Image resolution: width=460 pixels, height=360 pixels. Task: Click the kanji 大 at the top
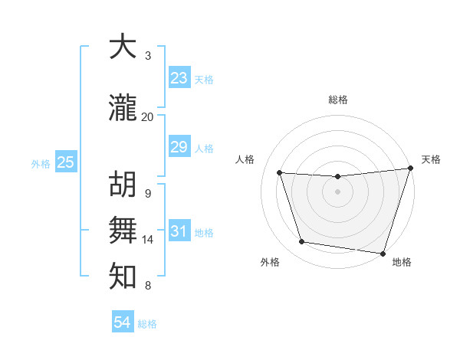pyautogui.click(x=123, y=47)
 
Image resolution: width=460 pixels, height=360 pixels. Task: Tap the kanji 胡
pyautogui.click(x=123, y=185)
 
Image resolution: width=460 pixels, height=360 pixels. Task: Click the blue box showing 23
pyautogui.click(x=179, y=78)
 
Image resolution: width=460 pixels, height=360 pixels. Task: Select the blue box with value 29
pyautogui.click(x=179, y=147)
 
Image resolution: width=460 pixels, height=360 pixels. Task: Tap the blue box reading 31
pyautogui.click(x=179, y=231)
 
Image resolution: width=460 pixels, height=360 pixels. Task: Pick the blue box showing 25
pyautogui.click(x=65, y=162)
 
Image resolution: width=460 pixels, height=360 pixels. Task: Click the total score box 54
pyautogui.click(x=123, y=323)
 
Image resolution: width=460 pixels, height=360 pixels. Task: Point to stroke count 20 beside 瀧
pyautogui.click(x=147, y=116)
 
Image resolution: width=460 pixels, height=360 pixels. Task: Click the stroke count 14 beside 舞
pyautogui.click(x=148, y=240)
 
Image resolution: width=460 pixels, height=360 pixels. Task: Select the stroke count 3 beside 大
pyautogui.click(x=148, y=55)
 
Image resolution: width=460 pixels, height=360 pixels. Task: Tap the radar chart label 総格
pyautogui.click(x=337, y=100)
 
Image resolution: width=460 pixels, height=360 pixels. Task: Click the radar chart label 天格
pyautogui.click(x=431, y=159)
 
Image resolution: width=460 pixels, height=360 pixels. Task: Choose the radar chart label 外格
pyautogui.click(x=270, y=262)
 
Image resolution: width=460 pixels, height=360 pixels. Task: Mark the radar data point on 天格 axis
pyautogui.click(x=410, y=169)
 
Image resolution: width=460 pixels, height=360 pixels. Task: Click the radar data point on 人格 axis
pyautogui.click(x=280, y=173)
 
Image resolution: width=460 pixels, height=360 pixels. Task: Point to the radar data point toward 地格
pyautogui.click(x=382, y=253)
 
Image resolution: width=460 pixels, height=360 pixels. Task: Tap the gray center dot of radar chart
pyautogui.click(x=337, y=191)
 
